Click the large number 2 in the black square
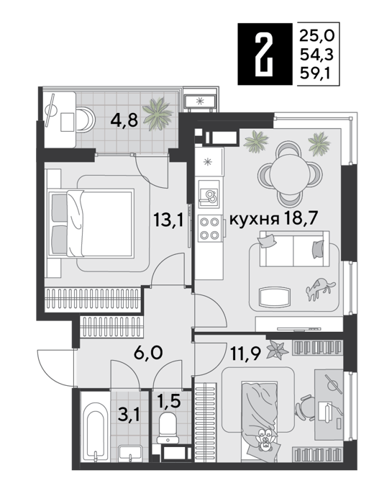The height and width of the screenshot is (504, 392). tap(265, 53)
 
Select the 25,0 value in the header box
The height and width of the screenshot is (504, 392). tap(317, 35)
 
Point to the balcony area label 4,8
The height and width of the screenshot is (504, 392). tap(124, 121)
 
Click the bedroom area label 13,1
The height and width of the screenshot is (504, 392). tap(168, 220)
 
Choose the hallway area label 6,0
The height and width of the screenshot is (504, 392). tap(148, 353)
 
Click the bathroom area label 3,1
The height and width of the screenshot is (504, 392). tap(129, 416)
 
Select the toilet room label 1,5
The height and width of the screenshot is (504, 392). tap(169, 401)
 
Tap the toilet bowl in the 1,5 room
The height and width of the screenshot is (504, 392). tap(168, 428)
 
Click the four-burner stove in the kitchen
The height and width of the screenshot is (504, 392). tap(209, 228)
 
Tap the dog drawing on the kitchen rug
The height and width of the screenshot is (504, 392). tap(320, 287)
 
